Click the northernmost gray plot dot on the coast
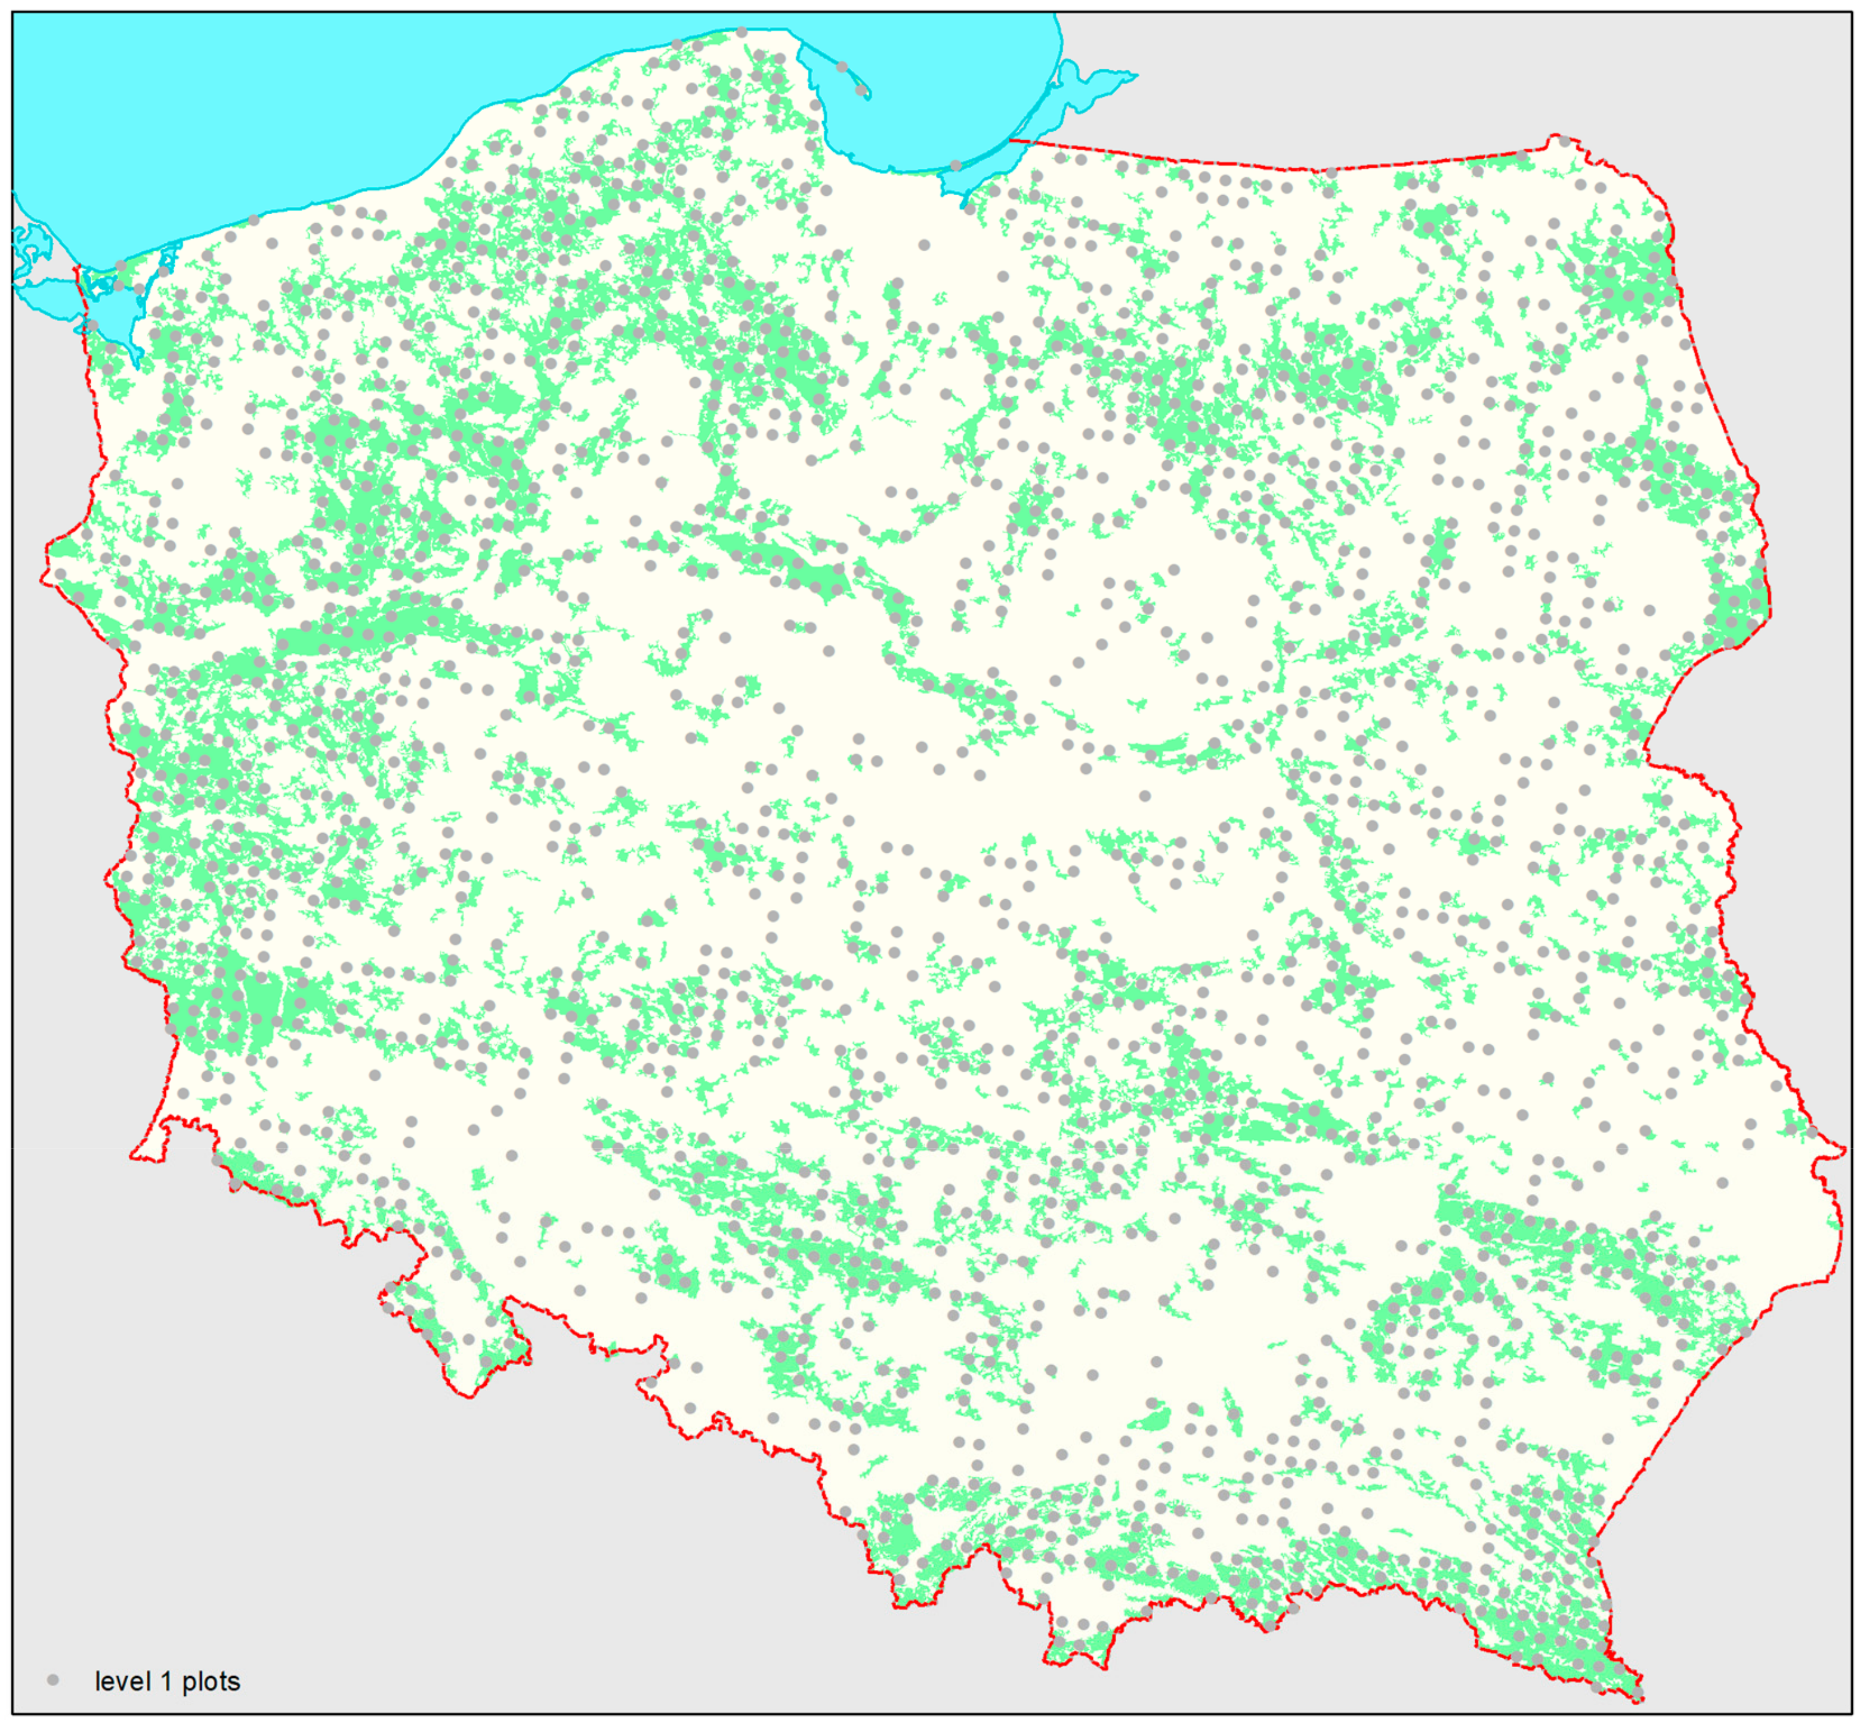point(742,32)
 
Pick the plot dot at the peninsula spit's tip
point(861,91)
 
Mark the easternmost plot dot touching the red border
point(1812,1133)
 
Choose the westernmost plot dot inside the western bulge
point(60,574)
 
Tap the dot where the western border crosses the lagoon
point(92,325)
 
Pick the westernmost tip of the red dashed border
point(41,580)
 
